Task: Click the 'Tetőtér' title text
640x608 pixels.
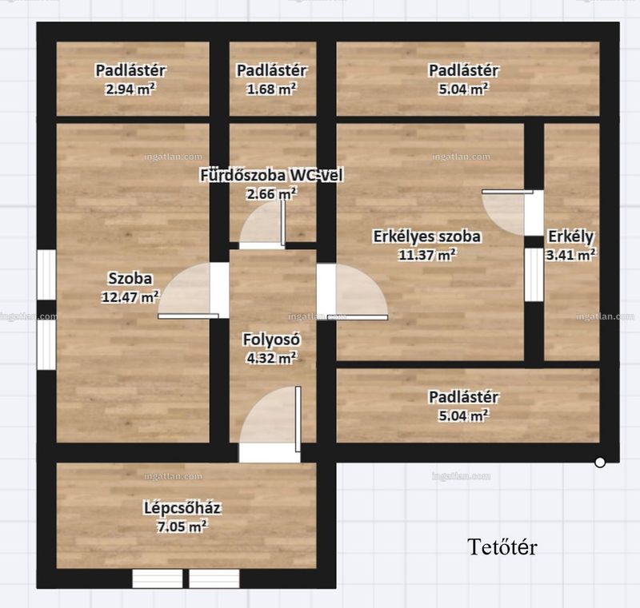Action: click(502, 546)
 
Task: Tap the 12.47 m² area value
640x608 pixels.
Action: click(130, 296)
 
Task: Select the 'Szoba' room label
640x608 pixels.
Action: click(130, 278)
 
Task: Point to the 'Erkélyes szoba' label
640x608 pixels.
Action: click(427, 236)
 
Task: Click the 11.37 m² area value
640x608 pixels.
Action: click(427, 255)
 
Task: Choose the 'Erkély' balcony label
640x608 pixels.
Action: click(570, 236)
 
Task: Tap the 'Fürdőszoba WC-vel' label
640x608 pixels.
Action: click(271, 175)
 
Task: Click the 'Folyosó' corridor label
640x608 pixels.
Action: click(271, 340)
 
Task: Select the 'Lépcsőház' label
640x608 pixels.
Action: click(182, 508)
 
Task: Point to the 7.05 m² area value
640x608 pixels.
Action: click(182, 527)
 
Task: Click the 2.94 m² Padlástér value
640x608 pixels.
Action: click(130, 89)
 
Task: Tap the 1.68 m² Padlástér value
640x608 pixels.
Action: click(271, 89)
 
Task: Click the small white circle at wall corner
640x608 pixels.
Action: click(599, 463)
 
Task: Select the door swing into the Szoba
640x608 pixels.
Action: click(189, 290)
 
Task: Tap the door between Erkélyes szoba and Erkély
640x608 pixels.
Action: click(507, 212)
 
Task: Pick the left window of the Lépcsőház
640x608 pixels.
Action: click(157, 578)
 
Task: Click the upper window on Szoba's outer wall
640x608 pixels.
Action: click(46, 275)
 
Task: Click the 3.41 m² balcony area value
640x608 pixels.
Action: click(570, 255)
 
